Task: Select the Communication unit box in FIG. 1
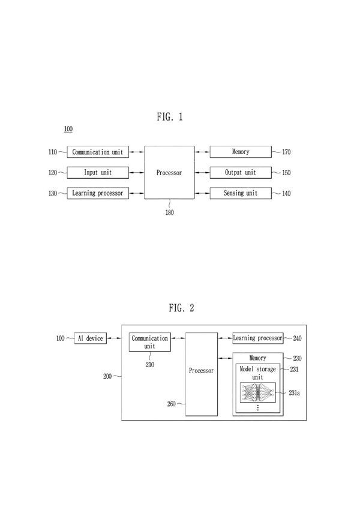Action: [97, 152]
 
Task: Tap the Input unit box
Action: [97, 173]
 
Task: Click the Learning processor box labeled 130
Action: [97, 193]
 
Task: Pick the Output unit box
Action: [240, 173]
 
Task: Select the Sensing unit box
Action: [240, 193]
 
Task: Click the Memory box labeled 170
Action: [240, 152]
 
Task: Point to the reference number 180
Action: [170, 212]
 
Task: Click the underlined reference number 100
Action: [68, 129]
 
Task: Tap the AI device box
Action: [90, 338]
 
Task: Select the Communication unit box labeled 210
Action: [149, 342]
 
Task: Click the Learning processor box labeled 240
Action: [257, 338]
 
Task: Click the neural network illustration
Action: [257, 392]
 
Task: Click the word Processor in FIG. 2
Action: [201, 371]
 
